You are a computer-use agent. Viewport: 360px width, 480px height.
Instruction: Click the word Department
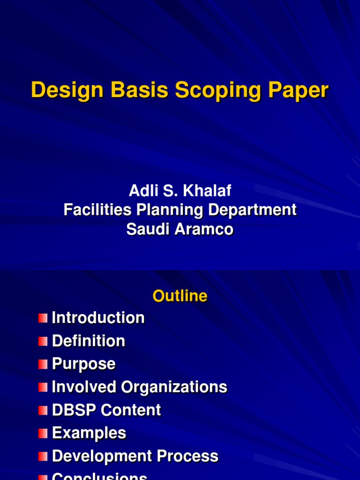(x=252, y=210)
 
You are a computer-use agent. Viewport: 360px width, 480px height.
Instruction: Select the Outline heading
(x=180, y=296)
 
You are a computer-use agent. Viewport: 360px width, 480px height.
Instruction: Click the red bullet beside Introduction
(x=43, y=318)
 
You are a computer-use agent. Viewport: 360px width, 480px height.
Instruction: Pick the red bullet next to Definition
(x=43, y=341)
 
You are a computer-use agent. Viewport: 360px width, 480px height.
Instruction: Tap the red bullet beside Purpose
(x=43, y=364)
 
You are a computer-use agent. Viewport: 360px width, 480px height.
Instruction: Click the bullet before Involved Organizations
(x=43, y=387)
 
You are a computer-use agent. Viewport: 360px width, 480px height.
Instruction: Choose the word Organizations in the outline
(x=174, y=387)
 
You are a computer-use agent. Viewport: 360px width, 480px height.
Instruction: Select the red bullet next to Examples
(x=43, y=433)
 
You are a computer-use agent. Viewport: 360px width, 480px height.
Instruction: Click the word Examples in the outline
(x=89, y=433)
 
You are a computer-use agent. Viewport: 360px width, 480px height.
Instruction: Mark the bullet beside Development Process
(x=43, y=456)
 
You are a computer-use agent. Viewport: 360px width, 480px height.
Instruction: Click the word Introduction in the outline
(x=98, y=318)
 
